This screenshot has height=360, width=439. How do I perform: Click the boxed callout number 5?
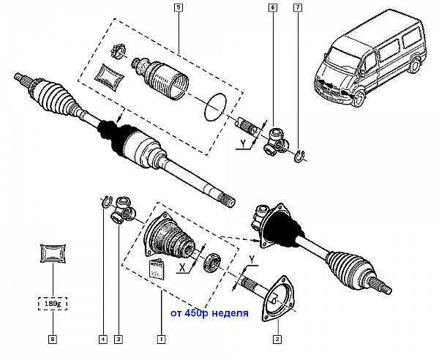coord(179,7)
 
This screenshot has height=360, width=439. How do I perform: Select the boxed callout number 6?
coord(273,7)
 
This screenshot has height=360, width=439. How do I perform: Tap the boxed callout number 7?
coord(298,7)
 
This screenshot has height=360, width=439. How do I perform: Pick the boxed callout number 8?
coord(53,340)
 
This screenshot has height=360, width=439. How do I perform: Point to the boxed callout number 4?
coord(103,340)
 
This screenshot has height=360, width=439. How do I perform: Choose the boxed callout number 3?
coord(119,340)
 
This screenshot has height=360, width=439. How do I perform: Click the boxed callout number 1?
coord(161,340)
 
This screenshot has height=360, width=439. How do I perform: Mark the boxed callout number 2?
coord(277,340)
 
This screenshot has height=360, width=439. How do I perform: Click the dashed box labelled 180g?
coord(53,304)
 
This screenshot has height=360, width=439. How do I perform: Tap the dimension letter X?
coord(182,269)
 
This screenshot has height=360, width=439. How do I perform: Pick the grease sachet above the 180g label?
coord(53,254)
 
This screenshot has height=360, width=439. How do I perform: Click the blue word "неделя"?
coord(230,313)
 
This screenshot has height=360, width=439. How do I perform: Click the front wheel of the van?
coord(359,98)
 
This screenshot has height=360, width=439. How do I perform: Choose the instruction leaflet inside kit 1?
coord(157,269)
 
